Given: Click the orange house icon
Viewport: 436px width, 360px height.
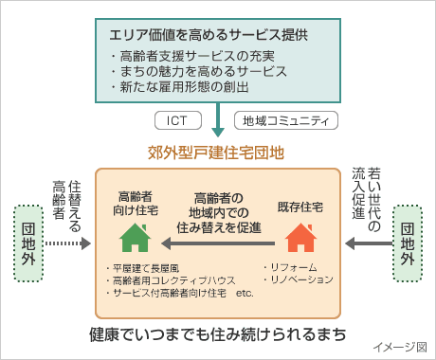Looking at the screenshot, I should tap(300, 236).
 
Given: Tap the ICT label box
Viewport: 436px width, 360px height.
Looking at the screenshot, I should tap(176, 121).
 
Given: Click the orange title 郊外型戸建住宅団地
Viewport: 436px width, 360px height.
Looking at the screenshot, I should tap(217, 151).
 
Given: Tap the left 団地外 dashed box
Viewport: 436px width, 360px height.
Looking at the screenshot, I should tap(28, 243).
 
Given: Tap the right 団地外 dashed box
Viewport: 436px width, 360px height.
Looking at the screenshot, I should tap(406, 243).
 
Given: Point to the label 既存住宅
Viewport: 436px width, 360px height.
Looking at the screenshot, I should tap(300, 206).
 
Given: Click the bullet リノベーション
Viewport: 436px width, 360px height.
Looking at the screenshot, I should tap(300, 279).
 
